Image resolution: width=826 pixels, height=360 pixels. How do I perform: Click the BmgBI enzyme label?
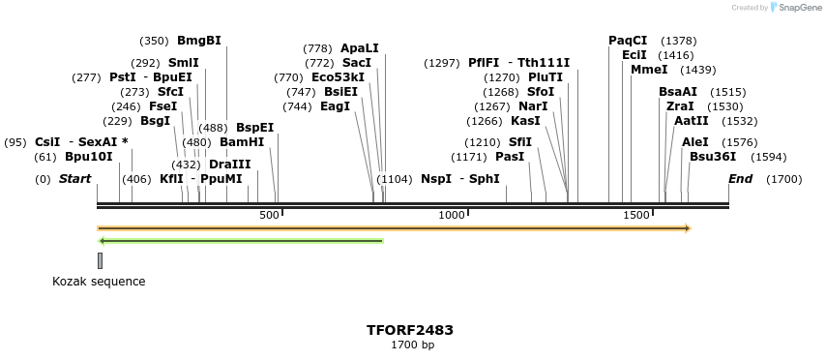pyautogui.click(x=198, y=41)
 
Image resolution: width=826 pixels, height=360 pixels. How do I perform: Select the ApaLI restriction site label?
pyautogui.click(x=360, y=48)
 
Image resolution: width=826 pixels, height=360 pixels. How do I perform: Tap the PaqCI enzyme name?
pyautogui.click(x=628, y=41)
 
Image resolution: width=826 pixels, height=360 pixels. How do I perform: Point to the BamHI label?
pyautogui.click(x=242, y=142)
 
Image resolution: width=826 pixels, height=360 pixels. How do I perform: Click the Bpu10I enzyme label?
pyautogui.click(x=89, y=157)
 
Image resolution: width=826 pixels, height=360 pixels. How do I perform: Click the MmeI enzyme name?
pyautogui.click(x=649, y=70)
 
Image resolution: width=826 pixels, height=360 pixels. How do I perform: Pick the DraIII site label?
pyautogui.click(x=230, y=165)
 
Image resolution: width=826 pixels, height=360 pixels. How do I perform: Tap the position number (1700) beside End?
pyautogui.click(x=783, y=179)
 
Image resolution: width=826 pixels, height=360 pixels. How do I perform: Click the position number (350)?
pyautogui.click(x=154, y=42)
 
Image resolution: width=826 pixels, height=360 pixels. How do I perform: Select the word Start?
pyautogui.click(x=74, y=179)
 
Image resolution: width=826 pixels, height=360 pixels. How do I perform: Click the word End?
pyautogui.click(x=740, y=179)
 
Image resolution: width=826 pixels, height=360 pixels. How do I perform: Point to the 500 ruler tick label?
pyautogui.click(x=270, y=215)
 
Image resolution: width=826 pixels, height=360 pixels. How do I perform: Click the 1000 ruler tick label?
pyautogui.click(x=453, y=215)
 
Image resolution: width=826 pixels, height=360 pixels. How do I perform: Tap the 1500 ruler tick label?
pyautogui.click(x=635, y=215)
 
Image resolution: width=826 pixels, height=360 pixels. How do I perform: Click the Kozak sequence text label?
pyautogui.click(x=99, y=282)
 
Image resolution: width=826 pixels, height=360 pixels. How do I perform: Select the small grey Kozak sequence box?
pyautogui.click(x=100, y=260)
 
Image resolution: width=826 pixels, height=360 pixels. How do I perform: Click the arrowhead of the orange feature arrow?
pyautogui.click(x=687, y=229)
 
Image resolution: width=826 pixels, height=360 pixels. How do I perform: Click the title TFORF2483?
pyautogui.click(x=410, y=330)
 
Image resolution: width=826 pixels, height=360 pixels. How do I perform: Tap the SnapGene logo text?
pyautogui.click(x=800, y=8)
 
